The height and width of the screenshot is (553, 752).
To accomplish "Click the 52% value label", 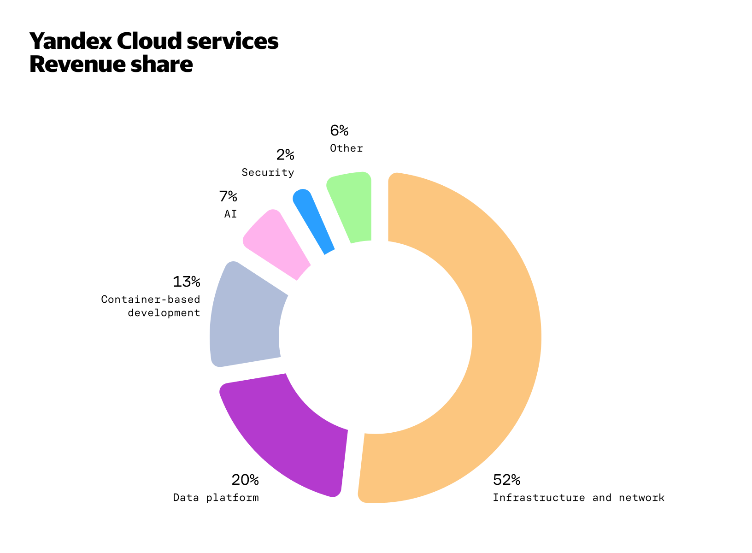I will [506, 480].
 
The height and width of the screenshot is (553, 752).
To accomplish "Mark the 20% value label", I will [245, 480].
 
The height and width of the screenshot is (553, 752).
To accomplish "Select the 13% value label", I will [186, 282].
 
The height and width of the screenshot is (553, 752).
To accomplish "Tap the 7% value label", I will [228, 197].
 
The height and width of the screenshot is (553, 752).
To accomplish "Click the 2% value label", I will [285, 155].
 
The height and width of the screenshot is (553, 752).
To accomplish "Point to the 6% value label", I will [339, 131].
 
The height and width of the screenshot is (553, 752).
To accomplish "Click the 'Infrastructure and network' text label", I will [578, 498].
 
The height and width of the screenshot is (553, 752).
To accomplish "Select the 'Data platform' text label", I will [216, 498].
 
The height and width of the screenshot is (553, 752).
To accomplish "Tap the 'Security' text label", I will [268, 173].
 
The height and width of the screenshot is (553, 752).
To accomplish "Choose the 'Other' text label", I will [347, 148].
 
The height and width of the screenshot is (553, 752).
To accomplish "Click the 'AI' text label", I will [230, 214].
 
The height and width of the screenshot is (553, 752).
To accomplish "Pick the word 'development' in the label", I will [164, 313].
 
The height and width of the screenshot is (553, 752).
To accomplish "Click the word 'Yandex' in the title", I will [70, 41].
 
